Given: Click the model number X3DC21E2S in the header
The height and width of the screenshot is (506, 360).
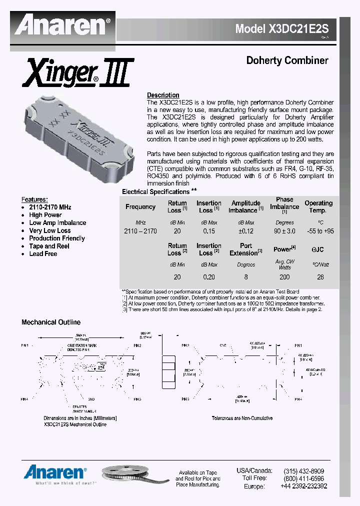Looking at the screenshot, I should click(x=285, y=29).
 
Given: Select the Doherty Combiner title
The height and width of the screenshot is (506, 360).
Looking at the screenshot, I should click(x=287, y=60).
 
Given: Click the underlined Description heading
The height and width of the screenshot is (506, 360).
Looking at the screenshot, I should click(x=163, y=95).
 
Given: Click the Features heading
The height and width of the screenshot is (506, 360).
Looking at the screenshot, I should click(x=35, y=199).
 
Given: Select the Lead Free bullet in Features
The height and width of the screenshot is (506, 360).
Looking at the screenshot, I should click(x=43, y=254).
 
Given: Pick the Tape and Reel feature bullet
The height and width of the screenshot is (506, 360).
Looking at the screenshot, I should click(x=49, y=246).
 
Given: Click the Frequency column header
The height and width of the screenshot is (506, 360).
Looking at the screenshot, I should click(x=140, y=207).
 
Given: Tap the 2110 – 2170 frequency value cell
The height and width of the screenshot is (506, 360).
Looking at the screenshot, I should click(x=140, y=231).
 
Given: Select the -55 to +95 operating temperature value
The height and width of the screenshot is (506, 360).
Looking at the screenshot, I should click(x=318, y=231).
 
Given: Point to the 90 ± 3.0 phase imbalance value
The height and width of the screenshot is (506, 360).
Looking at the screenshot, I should click(x=284, y=231).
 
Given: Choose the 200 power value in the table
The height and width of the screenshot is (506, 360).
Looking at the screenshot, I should click(x=284, y=276).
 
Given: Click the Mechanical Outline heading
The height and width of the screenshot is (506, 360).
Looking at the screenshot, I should click(x=51, y=322).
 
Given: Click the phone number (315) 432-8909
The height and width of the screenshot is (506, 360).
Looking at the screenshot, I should click(x=303, y=471).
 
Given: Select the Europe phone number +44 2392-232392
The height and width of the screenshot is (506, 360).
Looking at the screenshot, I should click(x=303, y=486).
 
